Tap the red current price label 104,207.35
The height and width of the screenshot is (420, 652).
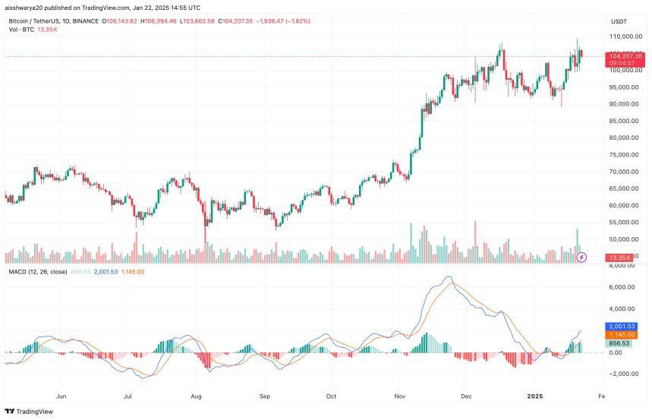coord(625,56)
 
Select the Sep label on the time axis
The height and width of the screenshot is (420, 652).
coord(264,396)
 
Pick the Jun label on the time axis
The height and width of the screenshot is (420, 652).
coord(61,396)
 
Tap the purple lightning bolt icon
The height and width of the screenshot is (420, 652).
coord(581,257)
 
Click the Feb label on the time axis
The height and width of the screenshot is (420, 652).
coord(600,396)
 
